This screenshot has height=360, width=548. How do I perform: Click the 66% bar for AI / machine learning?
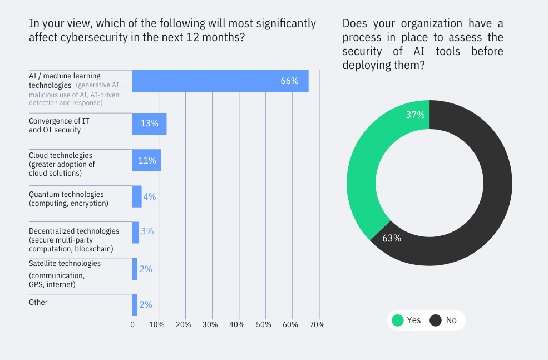tap(220, 81)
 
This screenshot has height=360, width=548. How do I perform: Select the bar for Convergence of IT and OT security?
tap(149, 124)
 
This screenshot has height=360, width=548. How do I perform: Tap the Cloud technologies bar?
tap(146, 160)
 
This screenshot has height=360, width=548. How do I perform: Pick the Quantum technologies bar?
tap(137, 196)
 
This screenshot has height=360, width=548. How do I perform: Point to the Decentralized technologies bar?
tap(135, 232)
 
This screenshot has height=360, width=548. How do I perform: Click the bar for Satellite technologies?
tap(134, 269)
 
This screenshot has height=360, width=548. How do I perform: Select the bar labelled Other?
tap(134, 305)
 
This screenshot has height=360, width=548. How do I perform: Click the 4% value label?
tap(150, 196)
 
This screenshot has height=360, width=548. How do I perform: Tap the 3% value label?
tap(147, 231)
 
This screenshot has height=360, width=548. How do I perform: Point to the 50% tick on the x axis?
tap(264, 324)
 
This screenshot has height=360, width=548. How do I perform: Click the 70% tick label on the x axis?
tap(317, 324)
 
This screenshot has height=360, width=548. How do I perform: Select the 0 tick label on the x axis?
tap(132, 324)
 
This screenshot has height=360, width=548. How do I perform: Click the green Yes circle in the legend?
tap(397, 320)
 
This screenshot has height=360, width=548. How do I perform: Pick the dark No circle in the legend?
tap(436, 320)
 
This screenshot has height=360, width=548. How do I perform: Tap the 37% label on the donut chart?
tap(415, 115)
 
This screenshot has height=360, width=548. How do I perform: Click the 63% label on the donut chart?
tap(392, 238)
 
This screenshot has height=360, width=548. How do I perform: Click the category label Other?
tap(38, 302)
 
